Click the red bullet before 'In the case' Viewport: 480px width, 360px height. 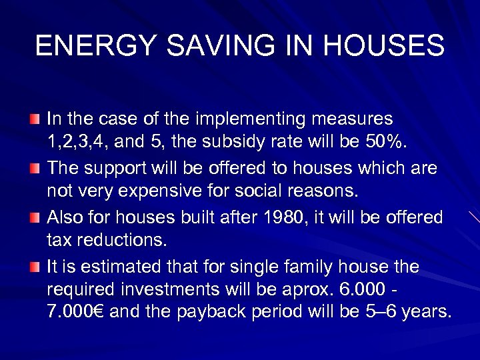point(34,120)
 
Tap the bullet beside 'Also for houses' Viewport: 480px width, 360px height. point(34,218)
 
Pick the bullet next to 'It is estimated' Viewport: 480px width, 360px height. point(34,267)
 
